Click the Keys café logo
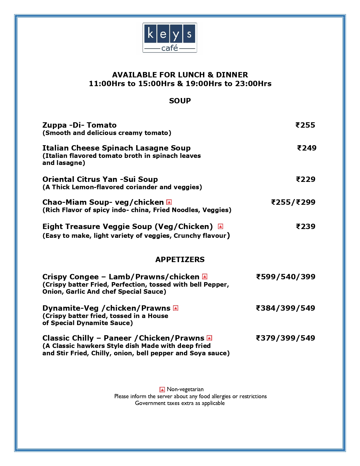[170, 38]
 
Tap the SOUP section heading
[180, 101]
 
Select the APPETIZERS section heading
[180, 260]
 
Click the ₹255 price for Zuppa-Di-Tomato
[305, 125]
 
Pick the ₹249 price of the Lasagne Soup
[307, 148]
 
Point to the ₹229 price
[306, 179]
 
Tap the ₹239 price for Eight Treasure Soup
[306, 227]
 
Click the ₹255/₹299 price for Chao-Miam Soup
[293, 202]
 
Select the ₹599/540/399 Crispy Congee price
[285, 277]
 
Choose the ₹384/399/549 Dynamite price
[285, 308]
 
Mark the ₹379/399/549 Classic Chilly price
[285, 338]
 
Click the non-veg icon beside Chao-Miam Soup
[169, 202]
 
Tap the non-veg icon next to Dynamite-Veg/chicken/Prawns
[176, 308]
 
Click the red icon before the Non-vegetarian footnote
[162, 390]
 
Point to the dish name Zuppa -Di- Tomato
[79, 125]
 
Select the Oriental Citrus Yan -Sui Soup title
[100, 179]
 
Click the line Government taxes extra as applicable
[180, 403]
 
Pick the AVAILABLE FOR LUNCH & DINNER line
[180, 75]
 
